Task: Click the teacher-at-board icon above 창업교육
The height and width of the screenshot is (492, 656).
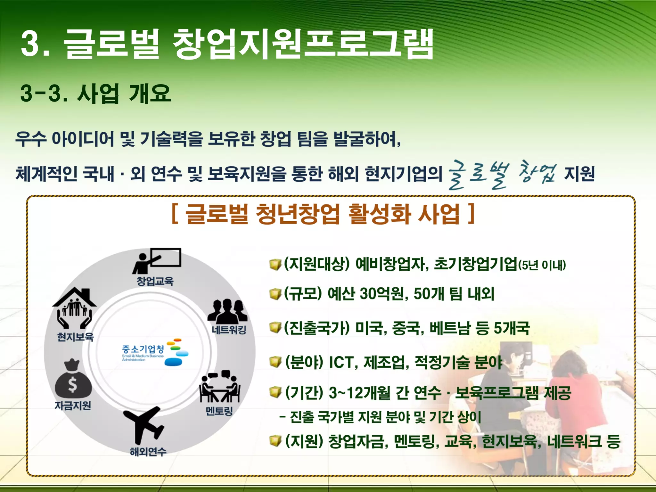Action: (x=157, y=261)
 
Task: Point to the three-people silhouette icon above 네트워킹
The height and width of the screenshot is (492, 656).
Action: (x=227, y=311)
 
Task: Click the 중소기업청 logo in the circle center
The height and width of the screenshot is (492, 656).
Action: (x=155, y=352)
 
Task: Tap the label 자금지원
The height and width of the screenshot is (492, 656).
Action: (x=73, y=406)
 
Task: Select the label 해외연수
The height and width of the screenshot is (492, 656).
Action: (x=148, y=452)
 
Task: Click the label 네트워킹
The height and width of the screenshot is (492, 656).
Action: (x=229, y=330)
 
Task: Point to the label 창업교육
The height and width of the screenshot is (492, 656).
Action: (x=155, y=281)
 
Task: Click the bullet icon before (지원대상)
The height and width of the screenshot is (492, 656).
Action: (x=275, y=265)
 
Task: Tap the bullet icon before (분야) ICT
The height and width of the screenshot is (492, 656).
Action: (x=275, y=362)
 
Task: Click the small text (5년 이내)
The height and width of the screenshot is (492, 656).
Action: (x=542, y=266)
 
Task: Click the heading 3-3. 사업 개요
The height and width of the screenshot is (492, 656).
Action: (x=95, y=93)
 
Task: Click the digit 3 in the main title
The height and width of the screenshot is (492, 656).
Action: (x=32, y=44)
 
